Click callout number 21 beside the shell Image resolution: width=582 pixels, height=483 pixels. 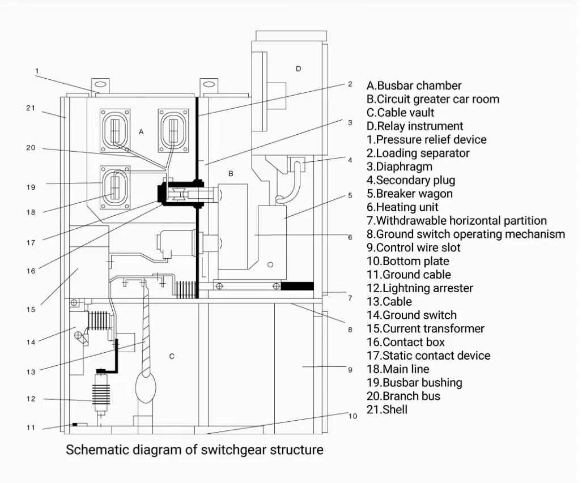tap(31, 108)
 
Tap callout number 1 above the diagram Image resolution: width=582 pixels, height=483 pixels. tap(37, 70)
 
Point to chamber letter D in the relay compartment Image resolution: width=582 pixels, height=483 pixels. tap(299, 69)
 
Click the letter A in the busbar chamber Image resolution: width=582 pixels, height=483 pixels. tap(141, 132)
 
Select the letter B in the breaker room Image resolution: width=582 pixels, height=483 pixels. tap(231, 174)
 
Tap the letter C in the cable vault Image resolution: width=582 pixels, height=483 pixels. tap(172, 357)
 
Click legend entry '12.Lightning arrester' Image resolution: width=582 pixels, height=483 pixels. tap(420, 288)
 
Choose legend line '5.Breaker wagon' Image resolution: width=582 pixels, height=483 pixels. tap(409, 194)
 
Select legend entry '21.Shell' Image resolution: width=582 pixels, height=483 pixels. tap(386, 409)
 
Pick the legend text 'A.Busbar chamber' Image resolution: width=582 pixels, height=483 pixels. tap(414, 86)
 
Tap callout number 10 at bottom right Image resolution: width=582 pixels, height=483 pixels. tap(352, 416)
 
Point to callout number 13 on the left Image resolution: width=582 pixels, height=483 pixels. tap(31, 371)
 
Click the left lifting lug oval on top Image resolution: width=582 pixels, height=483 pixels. tap(100, 85)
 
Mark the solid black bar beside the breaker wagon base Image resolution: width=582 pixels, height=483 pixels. tap(298, 286)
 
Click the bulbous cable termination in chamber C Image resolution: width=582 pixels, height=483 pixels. tap(146, 387)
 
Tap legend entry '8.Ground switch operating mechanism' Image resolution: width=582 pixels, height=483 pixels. tap(466, 234)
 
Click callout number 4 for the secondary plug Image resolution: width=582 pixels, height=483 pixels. tap(350, 160)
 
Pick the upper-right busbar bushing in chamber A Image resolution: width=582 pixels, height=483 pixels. tap(173, 130)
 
